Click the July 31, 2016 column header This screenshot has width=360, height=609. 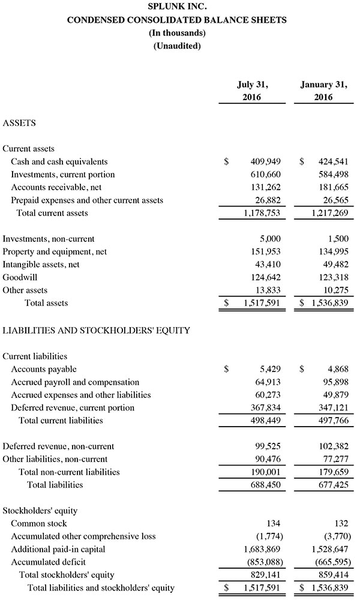tap(251, 91)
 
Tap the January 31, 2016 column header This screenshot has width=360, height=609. tap(323, 91)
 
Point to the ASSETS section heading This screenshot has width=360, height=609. tap(19, 123)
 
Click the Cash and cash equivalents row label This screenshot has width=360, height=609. tap(59, 161)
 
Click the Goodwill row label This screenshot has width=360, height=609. tap(19, 277)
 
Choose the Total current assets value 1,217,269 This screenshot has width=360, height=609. tap(330, 213)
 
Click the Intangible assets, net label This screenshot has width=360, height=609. tap(41, 264)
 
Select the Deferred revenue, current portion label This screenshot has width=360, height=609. tap(73, 407)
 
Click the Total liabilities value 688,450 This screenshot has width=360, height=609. tap(265, 484)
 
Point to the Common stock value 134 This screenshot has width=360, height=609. tap(274, 524)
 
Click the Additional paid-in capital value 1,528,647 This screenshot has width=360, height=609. tap(330, 550)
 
